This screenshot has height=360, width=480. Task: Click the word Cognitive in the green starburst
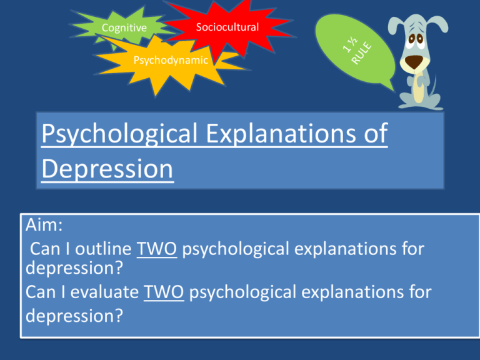tap(124, 27)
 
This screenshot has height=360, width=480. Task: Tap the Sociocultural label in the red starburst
tap(227, 27)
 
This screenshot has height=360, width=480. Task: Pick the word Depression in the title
tap(107, 169)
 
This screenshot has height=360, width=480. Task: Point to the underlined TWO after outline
tap(159, 249)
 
